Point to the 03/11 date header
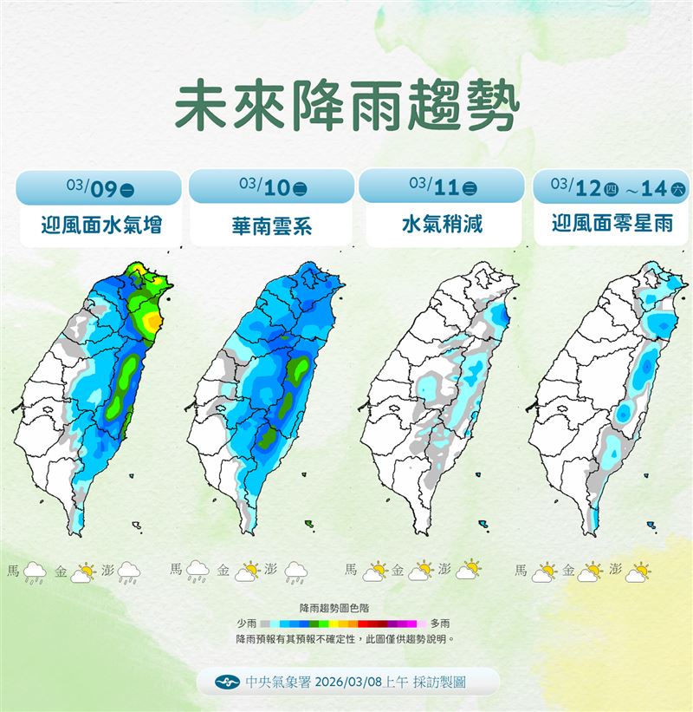[x=441, y=186]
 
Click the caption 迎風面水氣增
[x=101, y=226]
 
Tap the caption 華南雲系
[x=272, y=227]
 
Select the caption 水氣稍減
[x=441, y=226]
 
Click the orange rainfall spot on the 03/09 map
[x=152, y=322]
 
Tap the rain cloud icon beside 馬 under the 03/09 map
[x=35, y=572]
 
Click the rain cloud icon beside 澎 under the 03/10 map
[x=296, y=572]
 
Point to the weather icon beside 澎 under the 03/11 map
[x=469, y=571]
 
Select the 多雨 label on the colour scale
[x=439, y=623]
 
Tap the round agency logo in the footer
[x=230, y=683]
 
